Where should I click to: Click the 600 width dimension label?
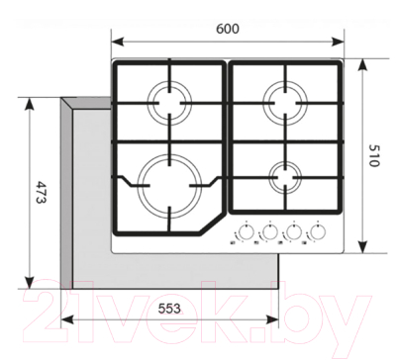coord(228,29)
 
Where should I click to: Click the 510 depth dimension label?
coord(372,155)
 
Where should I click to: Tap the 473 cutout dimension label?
coord(42,192)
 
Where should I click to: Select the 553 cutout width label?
coord(169,309)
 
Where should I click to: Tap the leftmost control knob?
coord(246,232)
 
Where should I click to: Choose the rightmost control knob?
coord(318,232)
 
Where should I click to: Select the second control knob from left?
coord(269,232)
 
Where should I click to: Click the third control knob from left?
coord(293,232)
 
